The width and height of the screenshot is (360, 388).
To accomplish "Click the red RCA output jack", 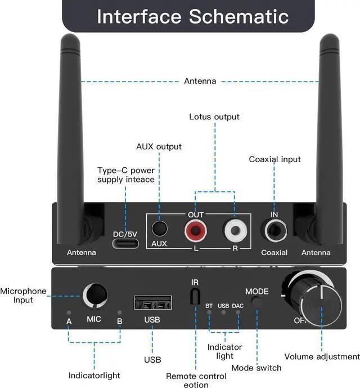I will coord(194,230).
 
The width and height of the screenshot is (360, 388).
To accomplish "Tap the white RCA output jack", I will coord(233,230).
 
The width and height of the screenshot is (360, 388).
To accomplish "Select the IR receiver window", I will coord(195,297).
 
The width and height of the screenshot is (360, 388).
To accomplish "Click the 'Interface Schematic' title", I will coord(193,16).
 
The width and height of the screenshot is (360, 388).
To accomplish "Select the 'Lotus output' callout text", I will coord(214,117).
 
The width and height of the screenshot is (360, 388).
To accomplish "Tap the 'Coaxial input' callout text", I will coord(275,159).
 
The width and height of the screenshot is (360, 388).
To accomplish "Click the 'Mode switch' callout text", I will coord(256,368).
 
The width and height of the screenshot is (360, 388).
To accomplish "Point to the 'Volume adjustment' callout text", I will coord(322,356).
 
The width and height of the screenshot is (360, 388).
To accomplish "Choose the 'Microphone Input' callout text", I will coord(24,296).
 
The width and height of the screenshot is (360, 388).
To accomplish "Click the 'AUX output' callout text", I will coord(159,146).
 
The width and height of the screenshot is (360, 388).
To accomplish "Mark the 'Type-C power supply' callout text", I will coord(126,175).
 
